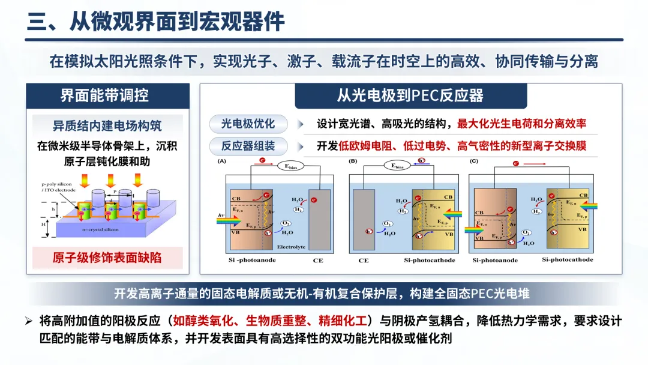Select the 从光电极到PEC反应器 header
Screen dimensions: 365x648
tap(410, 96)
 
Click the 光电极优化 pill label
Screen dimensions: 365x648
tap(248, 124)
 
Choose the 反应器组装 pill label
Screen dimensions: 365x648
tap(248, 146)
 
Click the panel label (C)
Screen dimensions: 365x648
tap(474, 161)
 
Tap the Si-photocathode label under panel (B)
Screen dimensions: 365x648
tap(429, 261)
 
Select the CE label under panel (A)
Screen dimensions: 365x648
tap(318, 261)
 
